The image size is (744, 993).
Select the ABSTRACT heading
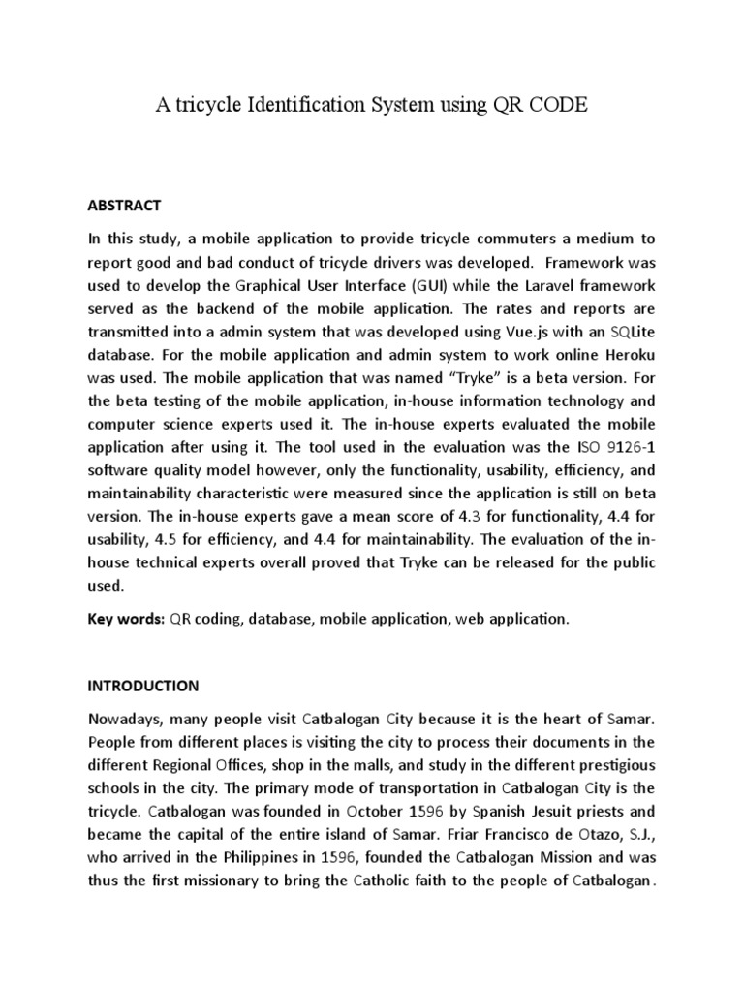pos(124,206)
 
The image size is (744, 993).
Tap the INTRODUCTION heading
pos(143,686)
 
